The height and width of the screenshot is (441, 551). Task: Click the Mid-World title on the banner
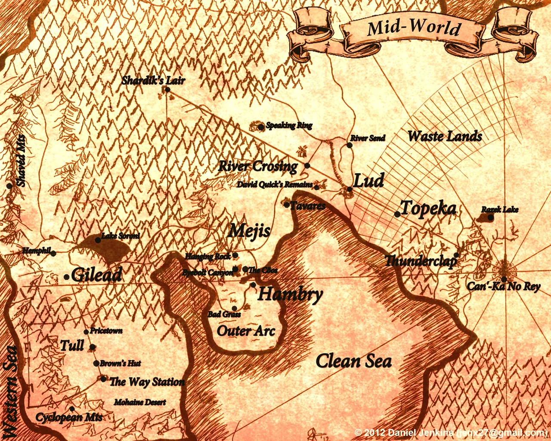pyautogui.click(x=413, y=28)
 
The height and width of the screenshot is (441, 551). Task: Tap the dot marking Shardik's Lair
pyautogui.click(x=167, y=90)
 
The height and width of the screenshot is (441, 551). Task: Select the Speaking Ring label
pyautogui.click(x=289, y=125)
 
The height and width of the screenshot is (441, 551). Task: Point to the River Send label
pyautogui.click(x=367, y=138)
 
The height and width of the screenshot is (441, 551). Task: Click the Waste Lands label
pyautogui.click(x=445, y=137)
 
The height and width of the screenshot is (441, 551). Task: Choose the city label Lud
pyautogui.click(x=368, y=180)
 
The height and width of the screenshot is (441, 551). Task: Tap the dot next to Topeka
pyautogui.click(x=397, y=214)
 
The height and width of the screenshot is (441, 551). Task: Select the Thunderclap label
pyautogui.click(x=420, y=261)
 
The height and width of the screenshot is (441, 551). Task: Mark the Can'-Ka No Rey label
pyautogui.click(x=503, y=286)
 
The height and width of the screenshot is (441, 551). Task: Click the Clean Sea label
pyautogui.click(x=353, y=361)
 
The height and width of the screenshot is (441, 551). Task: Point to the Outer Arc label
pyautogui.click(x=246, y=331)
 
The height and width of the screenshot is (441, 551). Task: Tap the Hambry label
pyautogui.click(x=290, y=295)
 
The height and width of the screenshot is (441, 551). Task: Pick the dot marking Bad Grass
pyautogui.click(x=234, y=308)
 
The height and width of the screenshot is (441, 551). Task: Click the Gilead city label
pyautogui.click(x=96, y=275)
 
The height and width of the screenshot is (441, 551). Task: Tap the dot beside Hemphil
pyautogui.click(x=53, y=254)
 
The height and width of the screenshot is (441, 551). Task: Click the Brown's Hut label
pyautogui.click(x=120, y=363)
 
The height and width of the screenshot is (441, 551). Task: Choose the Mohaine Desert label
pyautogui.click(x=140, y=402)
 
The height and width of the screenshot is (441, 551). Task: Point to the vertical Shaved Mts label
pyautogui.click(x=21, y=161)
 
